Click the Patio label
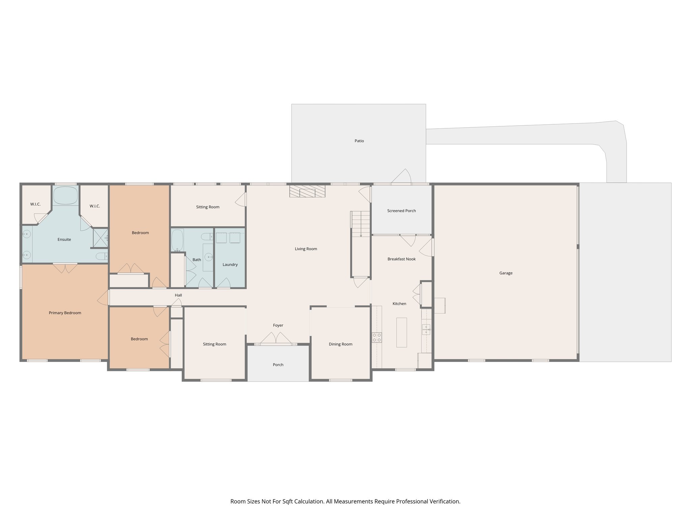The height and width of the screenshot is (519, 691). (359, 141)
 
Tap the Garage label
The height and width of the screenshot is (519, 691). (505, 273)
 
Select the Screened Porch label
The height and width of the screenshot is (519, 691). (401, 211)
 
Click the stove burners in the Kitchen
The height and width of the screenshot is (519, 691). (377, 337)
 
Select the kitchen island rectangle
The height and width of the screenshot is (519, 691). (401, 332)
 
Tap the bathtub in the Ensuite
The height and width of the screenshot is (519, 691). (65, 196)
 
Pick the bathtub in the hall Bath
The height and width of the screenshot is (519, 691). (177, 240)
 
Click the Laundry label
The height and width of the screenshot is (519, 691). (230, 265)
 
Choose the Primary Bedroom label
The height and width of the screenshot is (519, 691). (65, 313)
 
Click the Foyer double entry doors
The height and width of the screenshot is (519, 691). (276, 339)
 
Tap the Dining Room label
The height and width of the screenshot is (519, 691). (340, 344)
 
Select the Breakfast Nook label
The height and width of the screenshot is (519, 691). (401, 259)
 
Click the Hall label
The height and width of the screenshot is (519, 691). (178, 295)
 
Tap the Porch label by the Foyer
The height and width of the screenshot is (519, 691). (278, 365)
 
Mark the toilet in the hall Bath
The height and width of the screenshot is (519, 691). (206, 237)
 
